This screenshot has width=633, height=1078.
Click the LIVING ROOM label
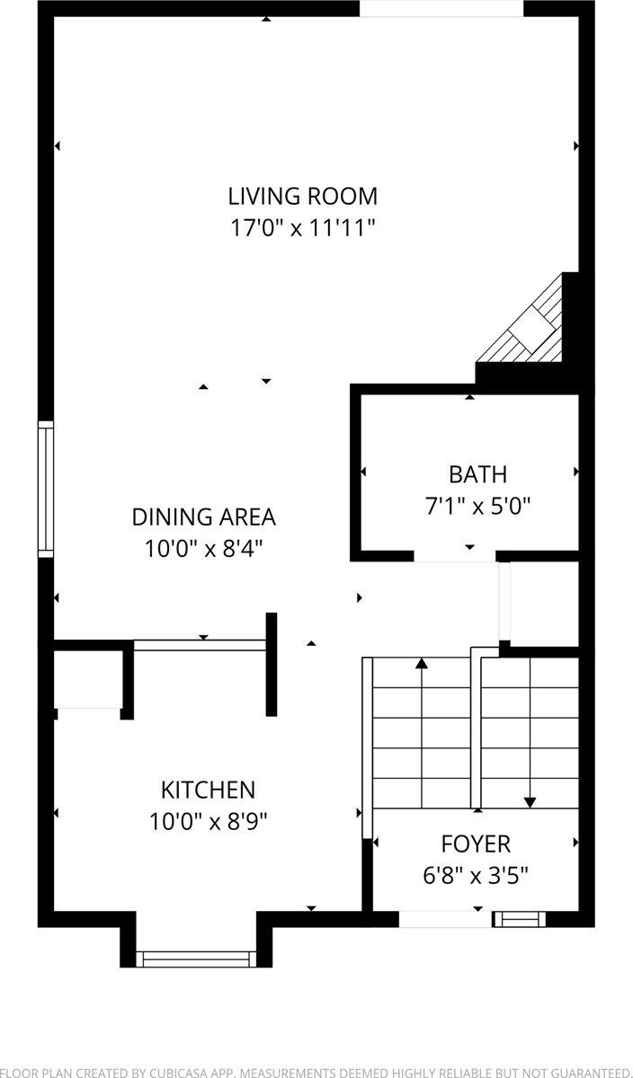click(302, 196)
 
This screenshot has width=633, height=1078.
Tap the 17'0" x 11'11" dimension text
click(302, 227)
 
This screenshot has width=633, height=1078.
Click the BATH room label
click(477, 474)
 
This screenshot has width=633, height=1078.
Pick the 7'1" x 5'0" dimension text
click(477, 506)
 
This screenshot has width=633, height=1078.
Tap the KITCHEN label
click(208, 791)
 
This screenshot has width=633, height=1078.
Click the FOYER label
click(476, 844)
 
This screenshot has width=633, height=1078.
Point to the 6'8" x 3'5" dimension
click(476, 875)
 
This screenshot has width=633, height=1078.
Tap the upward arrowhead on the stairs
click(422, 665)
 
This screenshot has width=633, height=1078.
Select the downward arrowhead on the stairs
click(530, 802)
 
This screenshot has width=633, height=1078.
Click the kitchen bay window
click(196, 959)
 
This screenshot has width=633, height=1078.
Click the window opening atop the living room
click(441, 8)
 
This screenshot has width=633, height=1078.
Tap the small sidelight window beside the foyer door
click(520, 918)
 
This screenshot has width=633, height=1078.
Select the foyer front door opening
click(444, 918)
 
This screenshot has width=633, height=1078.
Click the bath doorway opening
click(455, 557)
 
